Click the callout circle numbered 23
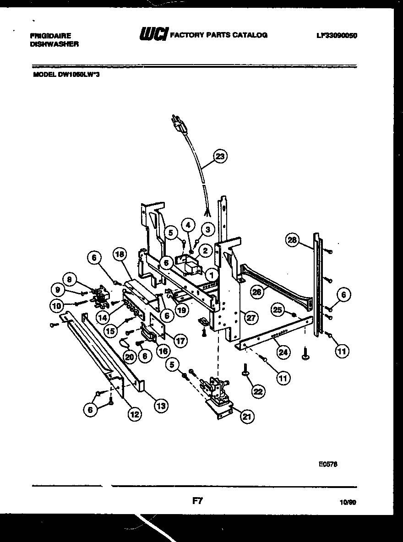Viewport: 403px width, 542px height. click(220, 156)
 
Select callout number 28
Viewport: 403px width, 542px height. click(292, 239)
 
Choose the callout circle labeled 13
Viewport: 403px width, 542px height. click(161, 405)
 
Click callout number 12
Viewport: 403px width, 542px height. click(134, 415)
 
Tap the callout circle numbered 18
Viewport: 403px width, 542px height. click(120, 255)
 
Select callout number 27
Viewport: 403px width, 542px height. click(250, 317)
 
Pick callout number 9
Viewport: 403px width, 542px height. click(57, 289)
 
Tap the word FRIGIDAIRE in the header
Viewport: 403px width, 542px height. click(50, 35)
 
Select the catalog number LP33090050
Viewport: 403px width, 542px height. click(336, 35)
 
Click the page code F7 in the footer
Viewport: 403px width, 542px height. click(197, 501)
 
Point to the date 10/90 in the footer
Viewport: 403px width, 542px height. click(348, 502)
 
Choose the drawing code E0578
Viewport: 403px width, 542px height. click(328, 463)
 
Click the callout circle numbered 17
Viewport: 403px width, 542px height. click(180, 341)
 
